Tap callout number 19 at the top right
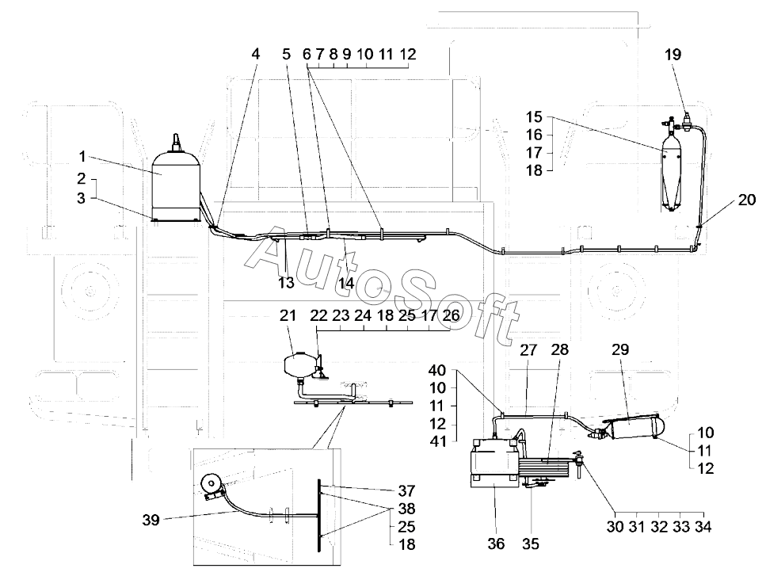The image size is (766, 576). tap(673, 55)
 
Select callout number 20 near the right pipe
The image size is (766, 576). tap(746, 200)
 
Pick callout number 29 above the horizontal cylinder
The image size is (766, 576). tap(619, 349)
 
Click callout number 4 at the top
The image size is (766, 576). tap(255, 55)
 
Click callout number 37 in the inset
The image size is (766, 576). tap(407, 490)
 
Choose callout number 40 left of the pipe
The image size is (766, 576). tap(436, 370)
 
